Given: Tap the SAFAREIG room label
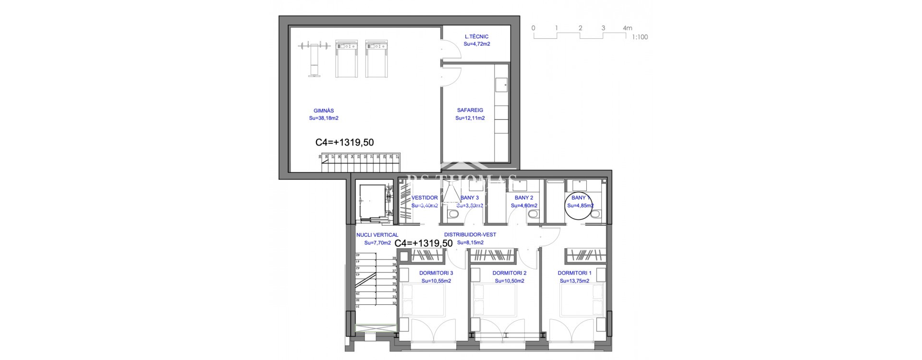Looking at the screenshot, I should point(470,110).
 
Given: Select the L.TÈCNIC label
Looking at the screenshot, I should point(476,36).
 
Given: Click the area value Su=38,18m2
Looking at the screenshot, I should point(324,118).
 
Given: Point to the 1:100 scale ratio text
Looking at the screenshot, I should point(640,37).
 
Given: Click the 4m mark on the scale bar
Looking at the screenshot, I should point(627,28).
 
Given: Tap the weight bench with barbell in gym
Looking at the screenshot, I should point(314,58).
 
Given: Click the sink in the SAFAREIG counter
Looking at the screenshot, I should point(504,85).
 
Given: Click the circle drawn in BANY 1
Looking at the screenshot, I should point(580,205).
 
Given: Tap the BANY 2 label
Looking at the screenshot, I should point(524,198).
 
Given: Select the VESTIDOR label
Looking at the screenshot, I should point(425,198).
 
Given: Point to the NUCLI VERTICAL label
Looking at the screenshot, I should point(377,235).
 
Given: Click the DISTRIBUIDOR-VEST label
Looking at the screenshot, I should point(470,235).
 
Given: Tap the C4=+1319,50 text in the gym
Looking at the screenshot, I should point(344,143).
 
